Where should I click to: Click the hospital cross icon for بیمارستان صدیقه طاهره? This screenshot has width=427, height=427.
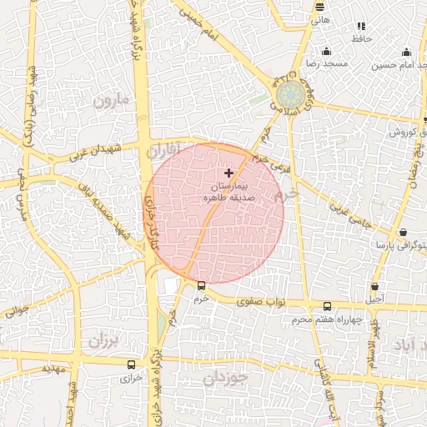pyautogui.click(x=229, y=172)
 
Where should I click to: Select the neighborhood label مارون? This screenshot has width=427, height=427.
pyautogui.click(x=113, y=102)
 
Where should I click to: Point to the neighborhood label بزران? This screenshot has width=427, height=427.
pyautogui.click(x=103, y=342)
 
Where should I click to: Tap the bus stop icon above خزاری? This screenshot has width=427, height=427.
pyautogui.click(x=131, y=364)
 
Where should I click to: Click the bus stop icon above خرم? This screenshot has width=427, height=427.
pyautogui.click(x=199, y=286)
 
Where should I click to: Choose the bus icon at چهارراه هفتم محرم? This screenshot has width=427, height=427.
pyautogui.click(x=327, y=306)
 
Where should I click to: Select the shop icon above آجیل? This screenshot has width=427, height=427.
pyautogui.click(x=375, y=287)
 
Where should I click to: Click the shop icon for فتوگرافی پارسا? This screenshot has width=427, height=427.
pyautogui.click(x=403, y=233)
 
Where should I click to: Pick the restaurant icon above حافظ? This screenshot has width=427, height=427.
pyautogui.click(x=360, y=27)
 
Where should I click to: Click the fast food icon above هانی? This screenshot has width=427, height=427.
pyautogui.click(x=319, y=7)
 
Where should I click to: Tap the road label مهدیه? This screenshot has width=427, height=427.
pyautogui.click(x=54, y=368)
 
